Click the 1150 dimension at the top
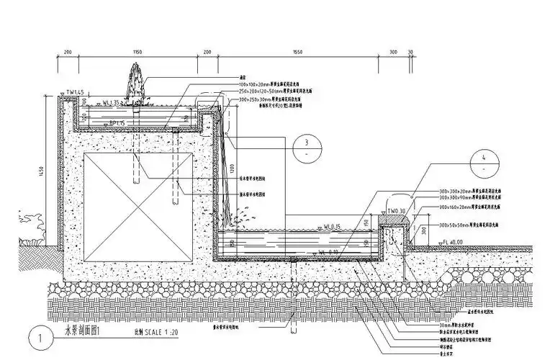[137, 53]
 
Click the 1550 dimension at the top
[297, 53]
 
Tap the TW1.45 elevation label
[75, 92]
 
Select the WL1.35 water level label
[114, 103]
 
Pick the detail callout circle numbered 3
[306, 146]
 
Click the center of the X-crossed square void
[140, 207]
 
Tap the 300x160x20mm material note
[466, 207]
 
